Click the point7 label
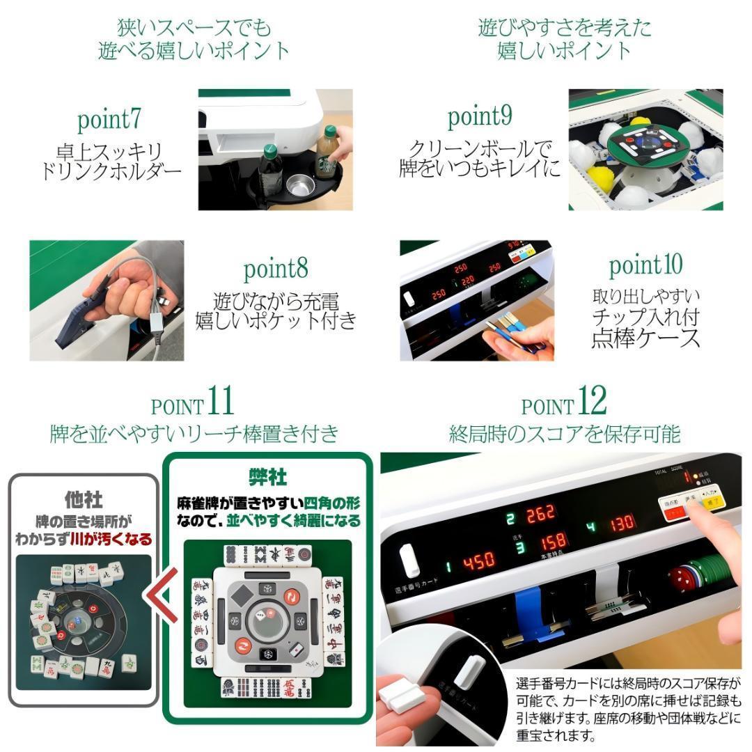109,120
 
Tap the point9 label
480,116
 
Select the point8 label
275,268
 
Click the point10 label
645,265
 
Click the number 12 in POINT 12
591,401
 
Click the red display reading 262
540,515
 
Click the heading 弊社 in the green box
268,476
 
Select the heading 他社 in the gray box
84,499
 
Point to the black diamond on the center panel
242,595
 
